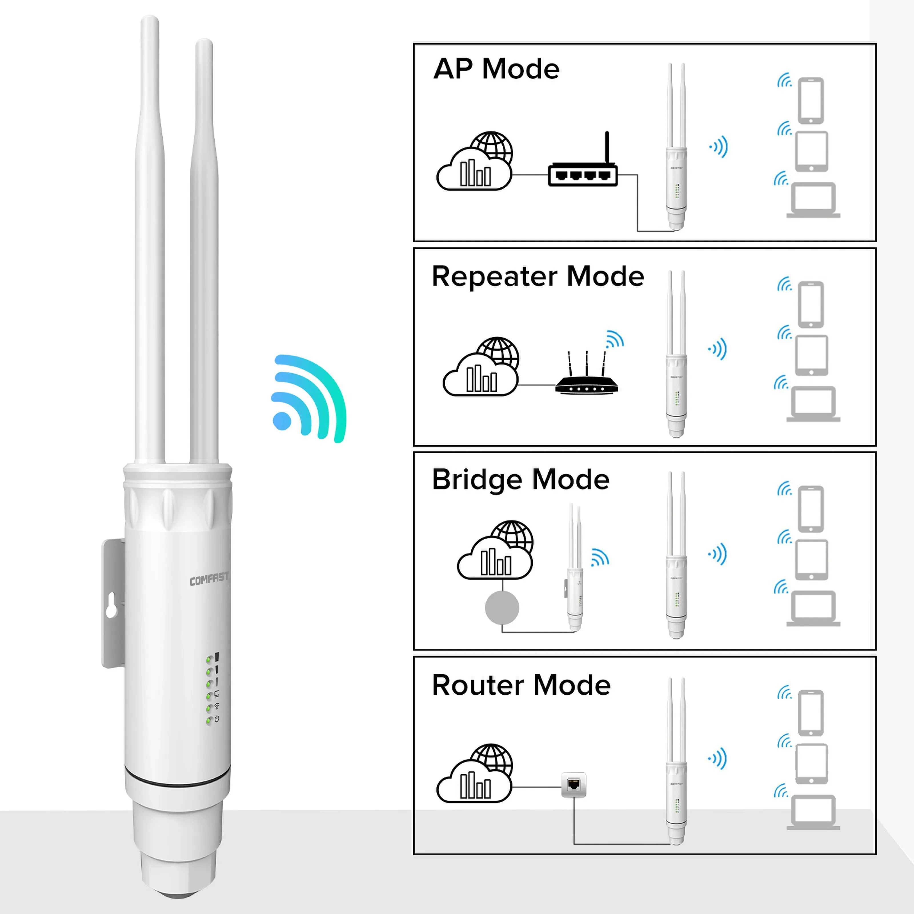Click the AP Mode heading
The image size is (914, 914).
[x=496, y=69]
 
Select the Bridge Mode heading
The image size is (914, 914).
[x=520, y=480]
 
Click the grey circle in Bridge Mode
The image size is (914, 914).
[x=502, y=608]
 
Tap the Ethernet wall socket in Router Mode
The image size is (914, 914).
[x=573, y=785]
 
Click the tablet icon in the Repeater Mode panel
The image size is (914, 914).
[x=811, y=355]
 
